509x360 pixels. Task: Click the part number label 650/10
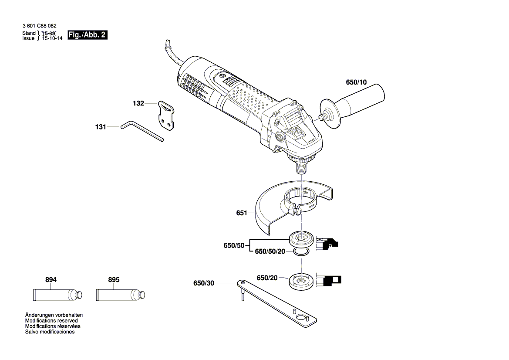pyautogui.click(x=356, y=82)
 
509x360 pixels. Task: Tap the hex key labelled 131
pyautogui.click(x=142, y=131)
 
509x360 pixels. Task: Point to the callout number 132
pyautogui.click(x=138, y=104)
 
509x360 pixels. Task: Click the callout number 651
pyautogui.click(x=242, y=213)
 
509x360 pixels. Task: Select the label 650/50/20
pyautogui.click(x=270, y=251)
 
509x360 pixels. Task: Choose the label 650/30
pyautogui.click(x=204, y=284)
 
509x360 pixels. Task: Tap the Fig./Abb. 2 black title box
pyautogui.click(x=87, y=35)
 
